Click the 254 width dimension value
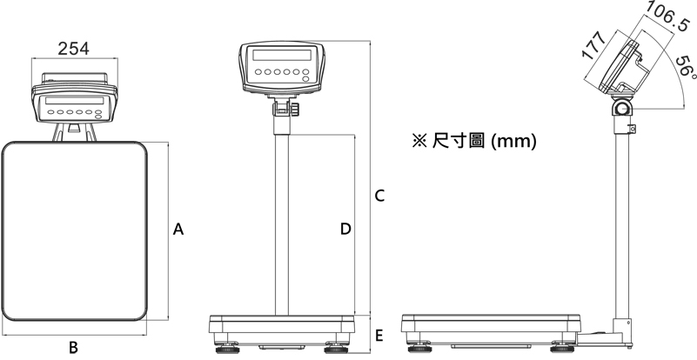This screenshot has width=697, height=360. (x=73, y=49)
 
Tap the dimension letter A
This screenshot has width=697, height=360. (x=178, y=230)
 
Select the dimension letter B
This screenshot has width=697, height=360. (x=74, y=347)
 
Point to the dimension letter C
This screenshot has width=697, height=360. (x=379, y=196)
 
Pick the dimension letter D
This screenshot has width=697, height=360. (x=345, y=229)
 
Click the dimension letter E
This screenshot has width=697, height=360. (x=379, y=336)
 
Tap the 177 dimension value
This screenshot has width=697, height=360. (x=593, y=45)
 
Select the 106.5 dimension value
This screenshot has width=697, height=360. (x=667, y=17)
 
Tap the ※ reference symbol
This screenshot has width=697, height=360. (x=419, y=142)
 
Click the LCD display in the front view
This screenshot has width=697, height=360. (x=282, y=55)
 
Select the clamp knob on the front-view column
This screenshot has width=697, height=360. (x=295, y=109)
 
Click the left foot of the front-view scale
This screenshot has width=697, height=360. (x=227, y=349)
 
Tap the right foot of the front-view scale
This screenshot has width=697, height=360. (x=337, y=349)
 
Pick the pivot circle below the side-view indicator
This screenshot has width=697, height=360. (x=621, y=108)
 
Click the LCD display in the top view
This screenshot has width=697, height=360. (x=74, y=101)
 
